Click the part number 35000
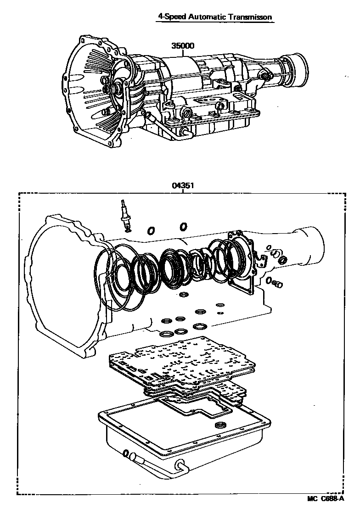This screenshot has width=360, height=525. (x=183, y=46)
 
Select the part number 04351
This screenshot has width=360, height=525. (x=182, y=186)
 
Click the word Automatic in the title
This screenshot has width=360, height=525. (x=208, y=17)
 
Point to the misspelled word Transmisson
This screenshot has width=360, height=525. (x=252, y=17)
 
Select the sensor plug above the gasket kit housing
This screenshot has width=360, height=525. (x=124, y=214)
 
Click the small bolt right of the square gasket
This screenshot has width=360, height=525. (x=277, y=285)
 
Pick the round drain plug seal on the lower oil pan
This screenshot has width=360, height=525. (x=221, y=424)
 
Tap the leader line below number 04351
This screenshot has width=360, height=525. (x=182, y=191)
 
